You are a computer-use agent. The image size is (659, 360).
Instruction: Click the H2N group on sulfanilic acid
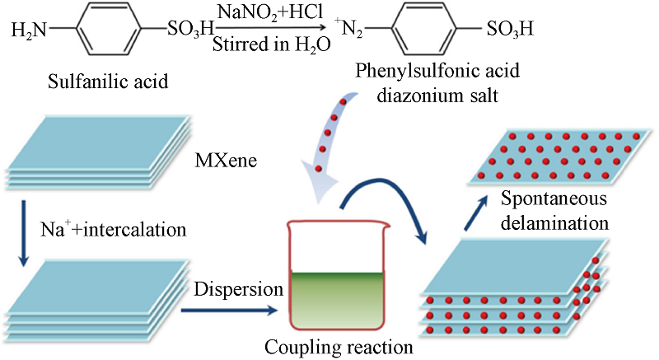point(29,30)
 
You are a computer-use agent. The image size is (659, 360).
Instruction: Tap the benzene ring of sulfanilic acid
point(108,29)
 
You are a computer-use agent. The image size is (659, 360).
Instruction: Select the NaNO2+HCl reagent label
point(270,12)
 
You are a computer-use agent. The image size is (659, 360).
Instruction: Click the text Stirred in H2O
point(272,44)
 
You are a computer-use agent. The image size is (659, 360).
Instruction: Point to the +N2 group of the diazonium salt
point(348,28)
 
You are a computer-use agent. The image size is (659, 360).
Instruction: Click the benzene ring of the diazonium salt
point(423,29)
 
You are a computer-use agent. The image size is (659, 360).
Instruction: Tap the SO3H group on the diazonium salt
point(510,29)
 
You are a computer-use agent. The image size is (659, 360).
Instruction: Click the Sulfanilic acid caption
point(108,81)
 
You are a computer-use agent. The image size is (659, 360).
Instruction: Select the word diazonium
point(420,96)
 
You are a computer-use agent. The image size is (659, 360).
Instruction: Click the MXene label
point(226,161)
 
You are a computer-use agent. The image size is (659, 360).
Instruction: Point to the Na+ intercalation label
point(113,229)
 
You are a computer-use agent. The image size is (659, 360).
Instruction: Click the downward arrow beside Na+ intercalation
point(24,233)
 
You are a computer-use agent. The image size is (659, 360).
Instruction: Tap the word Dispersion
point(238,289)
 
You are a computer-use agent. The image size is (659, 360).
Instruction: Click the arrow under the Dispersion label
point(230,311)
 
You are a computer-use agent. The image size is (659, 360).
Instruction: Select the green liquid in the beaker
point(337,300)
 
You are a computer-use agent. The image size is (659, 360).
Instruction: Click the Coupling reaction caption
point(339,348)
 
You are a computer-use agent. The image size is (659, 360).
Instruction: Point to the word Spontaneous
point(554,199)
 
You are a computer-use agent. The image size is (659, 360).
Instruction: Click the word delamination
point(554,222)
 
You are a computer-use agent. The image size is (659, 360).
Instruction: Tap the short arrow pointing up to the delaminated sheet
point(476,213)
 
